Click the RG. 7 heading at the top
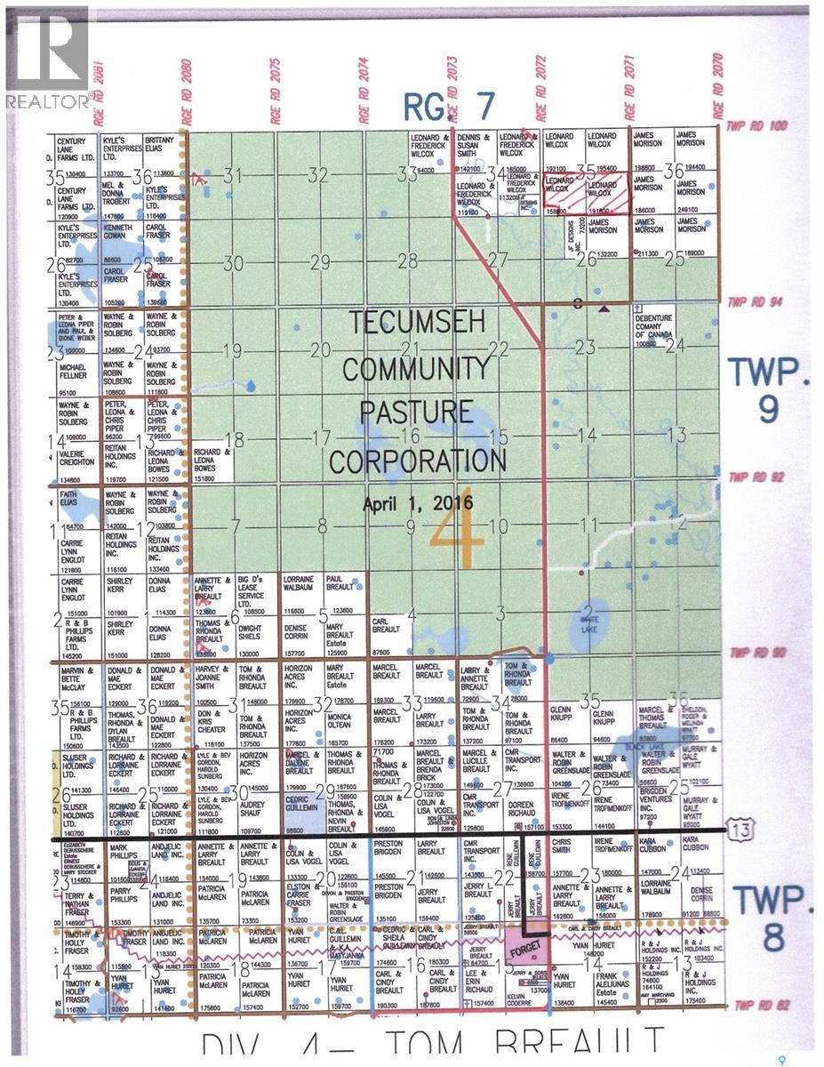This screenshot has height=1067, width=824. (x=448, y=107)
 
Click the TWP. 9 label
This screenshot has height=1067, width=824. (x=770, y=390)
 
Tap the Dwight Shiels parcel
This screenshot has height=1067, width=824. (x=254, y=630)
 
